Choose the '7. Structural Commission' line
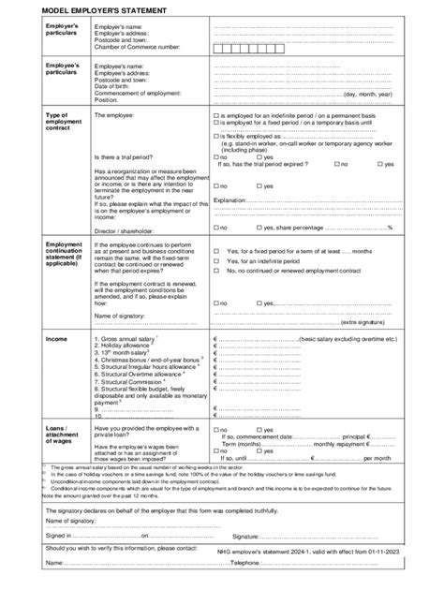pyautogui.click(x=133, y=382)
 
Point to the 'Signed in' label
pyautogui.click(x=58, y=535)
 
